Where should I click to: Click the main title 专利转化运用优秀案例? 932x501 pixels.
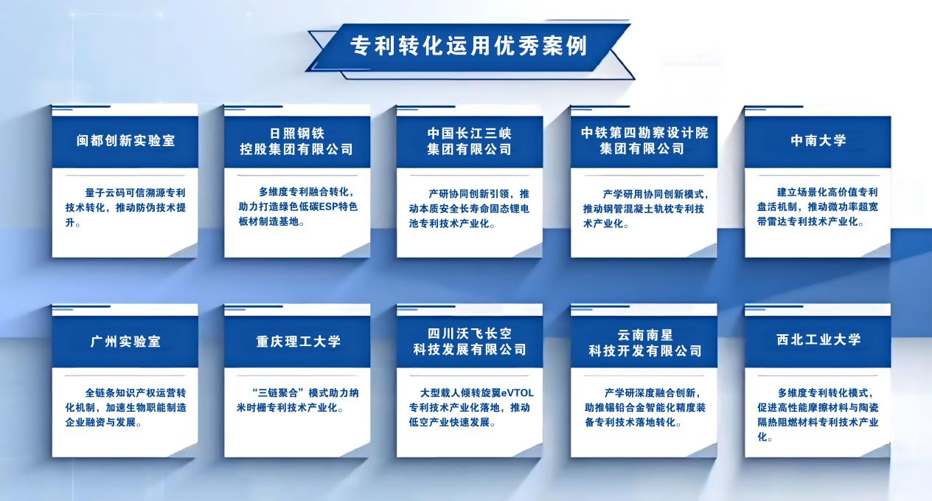point(467,46)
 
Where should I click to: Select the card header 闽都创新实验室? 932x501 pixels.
point(125,141)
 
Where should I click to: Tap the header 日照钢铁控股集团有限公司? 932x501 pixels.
point(296,141)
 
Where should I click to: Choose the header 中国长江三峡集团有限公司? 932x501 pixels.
point(469,141)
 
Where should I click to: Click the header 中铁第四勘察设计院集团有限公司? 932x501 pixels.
point(644,141)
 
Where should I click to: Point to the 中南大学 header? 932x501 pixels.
point(818,141)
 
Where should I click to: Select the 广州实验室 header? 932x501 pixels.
point(125,342)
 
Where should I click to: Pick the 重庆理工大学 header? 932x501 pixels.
point(296,342)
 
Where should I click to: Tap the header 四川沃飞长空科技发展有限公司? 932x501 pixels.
point(469,342)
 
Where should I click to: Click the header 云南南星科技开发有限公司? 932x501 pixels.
point(644,342)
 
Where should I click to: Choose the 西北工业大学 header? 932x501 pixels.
point(818,340)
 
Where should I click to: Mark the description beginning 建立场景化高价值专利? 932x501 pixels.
point(818,207)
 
